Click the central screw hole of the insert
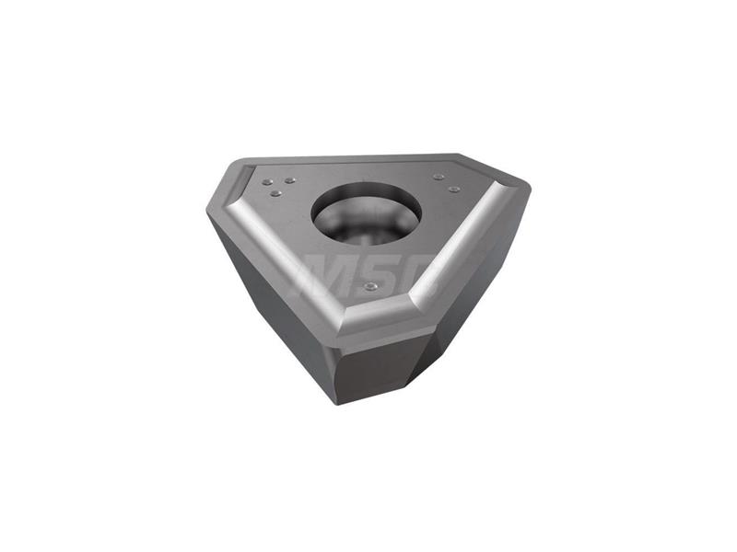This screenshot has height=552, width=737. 366,213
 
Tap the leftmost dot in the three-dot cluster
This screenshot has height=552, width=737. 267,182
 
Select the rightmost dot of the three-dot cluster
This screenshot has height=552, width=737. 290,180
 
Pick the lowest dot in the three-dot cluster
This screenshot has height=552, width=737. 276,193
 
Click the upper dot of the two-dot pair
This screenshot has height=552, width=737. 439,177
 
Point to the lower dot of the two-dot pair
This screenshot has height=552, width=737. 453,189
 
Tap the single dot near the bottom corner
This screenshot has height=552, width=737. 371,286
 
